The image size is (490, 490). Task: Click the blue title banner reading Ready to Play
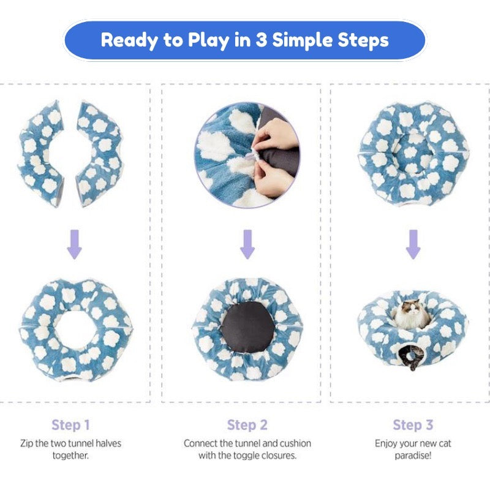[x=245, y=40]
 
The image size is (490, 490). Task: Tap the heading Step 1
[x=70, y=425]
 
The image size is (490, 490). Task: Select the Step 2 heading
[x=247, y=425]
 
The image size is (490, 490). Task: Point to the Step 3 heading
[x=413, y=425]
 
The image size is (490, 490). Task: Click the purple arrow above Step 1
[x=74, y=244]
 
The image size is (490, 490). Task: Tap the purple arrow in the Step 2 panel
[x=247, y=244]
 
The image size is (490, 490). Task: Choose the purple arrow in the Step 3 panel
[x=413, y=244]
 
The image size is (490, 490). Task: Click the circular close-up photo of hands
[x=247, y=156]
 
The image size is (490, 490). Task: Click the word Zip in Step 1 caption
[x=26, y=443]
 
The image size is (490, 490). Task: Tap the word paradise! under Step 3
[x=413, y=456]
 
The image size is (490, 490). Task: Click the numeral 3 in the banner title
[x=261, y=40]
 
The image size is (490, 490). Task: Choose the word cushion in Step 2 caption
[x=295, y=443]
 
